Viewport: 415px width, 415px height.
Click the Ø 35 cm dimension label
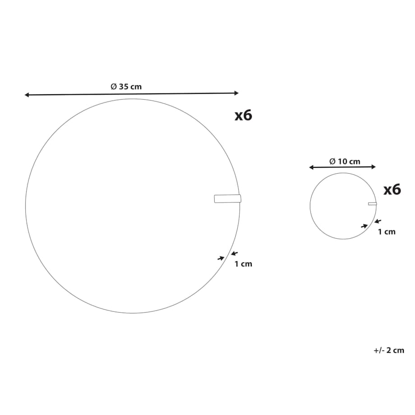(126, 87)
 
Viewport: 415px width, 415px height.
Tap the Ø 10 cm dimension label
(345, 161)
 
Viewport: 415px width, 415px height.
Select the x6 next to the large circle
(244, 115)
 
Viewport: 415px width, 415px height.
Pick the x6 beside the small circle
(392, 190)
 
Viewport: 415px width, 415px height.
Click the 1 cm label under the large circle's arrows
(243, 264)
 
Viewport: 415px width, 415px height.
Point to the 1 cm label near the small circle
(387, 232)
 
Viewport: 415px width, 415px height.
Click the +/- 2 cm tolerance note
(389, 350)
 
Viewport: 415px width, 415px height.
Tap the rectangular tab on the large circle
(228, 198)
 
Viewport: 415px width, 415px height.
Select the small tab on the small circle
(373, 203)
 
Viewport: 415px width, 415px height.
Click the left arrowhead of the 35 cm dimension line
(27, 95)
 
